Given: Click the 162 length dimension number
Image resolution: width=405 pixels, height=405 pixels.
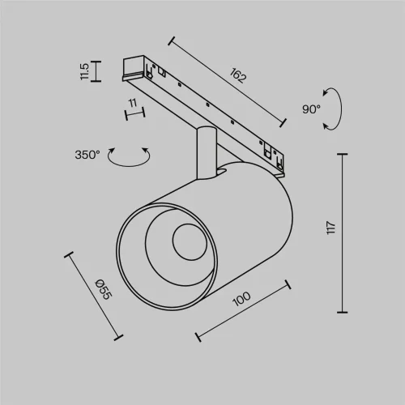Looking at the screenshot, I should point(237,77).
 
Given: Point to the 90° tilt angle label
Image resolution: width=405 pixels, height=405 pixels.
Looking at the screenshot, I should point(312,109).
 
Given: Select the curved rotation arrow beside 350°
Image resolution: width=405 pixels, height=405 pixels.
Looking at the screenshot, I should point(130,157).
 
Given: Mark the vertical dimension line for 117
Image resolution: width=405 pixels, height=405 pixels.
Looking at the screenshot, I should point(345,233).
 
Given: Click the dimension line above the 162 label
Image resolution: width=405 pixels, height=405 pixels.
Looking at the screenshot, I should point(228,79).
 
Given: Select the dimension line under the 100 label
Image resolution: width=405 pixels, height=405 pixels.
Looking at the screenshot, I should point(243,310).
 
